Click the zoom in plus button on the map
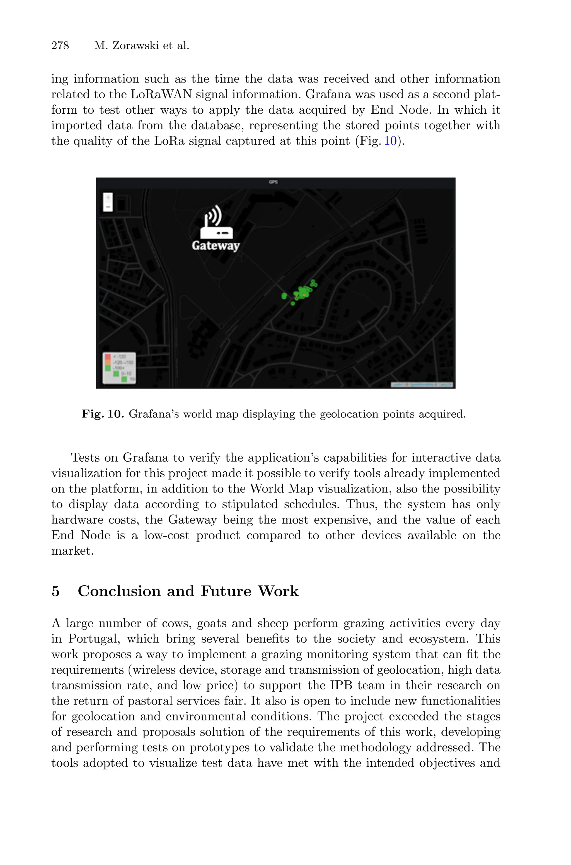[x=108, y=198]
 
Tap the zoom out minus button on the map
[x=108, y=207]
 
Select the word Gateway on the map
[x=216, y=246]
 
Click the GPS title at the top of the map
[x=273, y=182]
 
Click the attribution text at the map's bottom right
[x=422, y=384]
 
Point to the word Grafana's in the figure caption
[x=154, y=414]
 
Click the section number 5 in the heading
[x=55, y=591]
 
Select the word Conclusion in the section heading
[x=119, y=591]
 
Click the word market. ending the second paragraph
[x=72, y=551]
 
